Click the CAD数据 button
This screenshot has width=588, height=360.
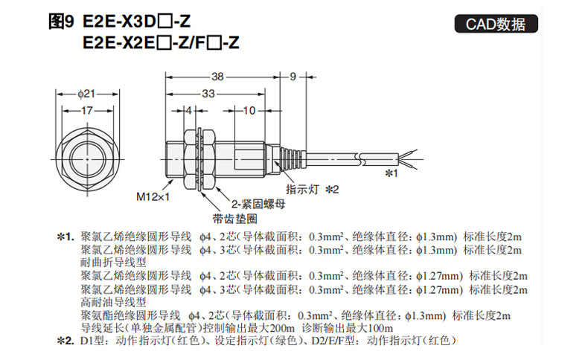[496, 24]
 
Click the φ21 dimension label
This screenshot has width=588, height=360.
[86, 94]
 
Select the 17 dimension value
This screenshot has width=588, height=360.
[87, 111]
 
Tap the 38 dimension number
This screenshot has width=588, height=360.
[217, 77]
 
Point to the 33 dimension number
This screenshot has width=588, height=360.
[208, 93]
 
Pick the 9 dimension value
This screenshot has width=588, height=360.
[293, 77]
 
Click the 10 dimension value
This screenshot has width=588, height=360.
[249, 111]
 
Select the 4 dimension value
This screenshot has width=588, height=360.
[189, 111]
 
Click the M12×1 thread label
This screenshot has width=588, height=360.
[153, 196]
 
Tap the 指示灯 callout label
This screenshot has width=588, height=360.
[302, 189]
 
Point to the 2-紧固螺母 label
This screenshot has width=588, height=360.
[258, 204]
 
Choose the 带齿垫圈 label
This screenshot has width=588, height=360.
[235, 219]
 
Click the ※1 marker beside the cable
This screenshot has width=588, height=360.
[392, 173]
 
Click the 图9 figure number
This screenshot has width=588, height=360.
[62, 22]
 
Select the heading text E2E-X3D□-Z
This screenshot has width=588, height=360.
[136, 22]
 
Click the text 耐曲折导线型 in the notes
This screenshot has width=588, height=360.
[113, 263]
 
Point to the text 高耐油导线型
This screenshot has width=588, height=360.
[113, 302]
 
